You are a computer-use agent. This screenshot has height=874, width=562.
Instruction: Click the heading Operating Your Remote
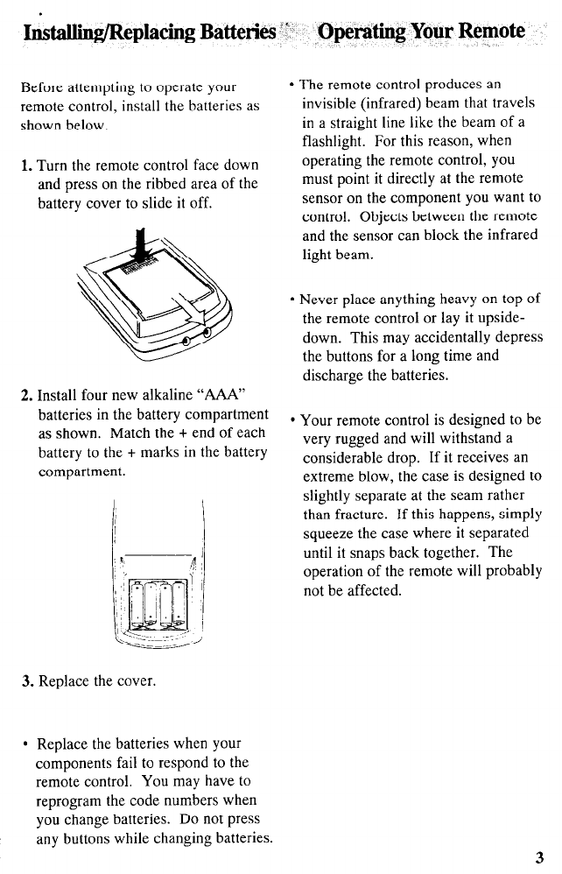point(421,33)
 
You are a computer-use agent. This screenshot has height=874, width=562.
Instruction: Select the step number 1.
point(25,166)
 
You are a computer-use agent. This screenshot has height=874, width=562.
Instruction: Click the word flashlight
point(336,141)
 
